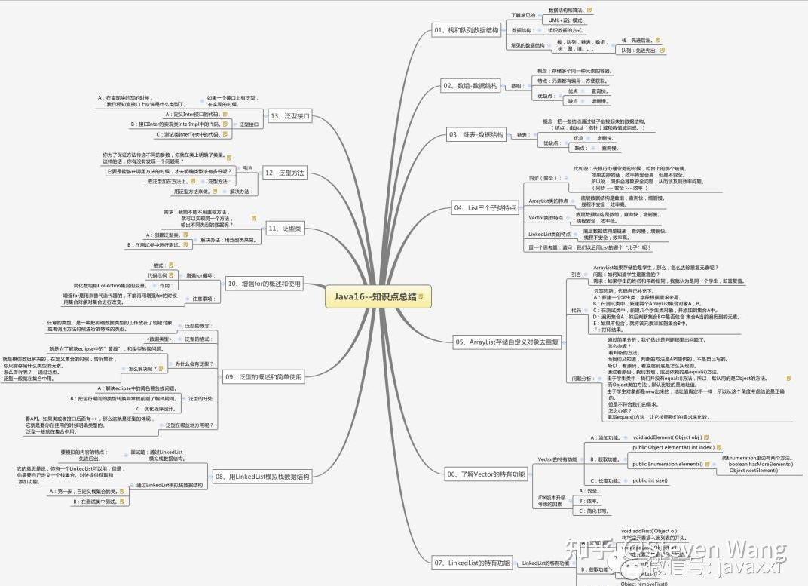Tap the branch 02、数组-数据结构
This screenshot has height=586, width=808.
point(470,86)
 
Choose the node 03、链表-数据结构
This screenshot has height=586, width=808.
point(476,135)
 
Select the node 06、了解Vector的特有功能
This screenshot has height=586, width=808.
point(485,474)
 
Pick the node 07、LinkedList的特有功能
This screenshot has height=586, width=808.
point(472,563)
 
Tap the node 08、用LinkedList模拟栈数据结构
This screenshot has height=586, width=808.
point(262,477)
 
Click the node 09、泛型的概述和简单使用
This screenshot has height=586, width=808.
point(263,376)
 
